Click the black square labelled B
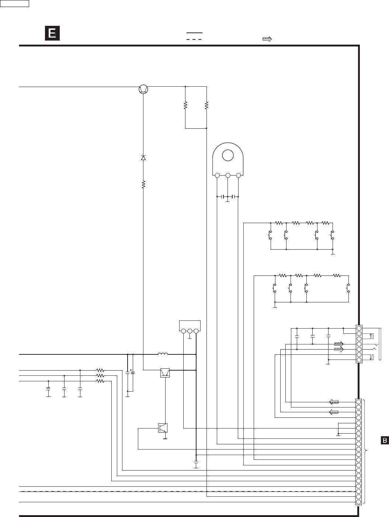384,440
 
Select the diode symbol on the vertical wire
143,158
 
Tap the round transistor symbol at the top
143,89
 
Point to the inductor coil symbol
163,354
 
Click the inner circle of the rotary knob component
228,155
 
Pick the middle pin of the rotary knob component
228,176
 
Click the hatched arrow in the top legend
267,39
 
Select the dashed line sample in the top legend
194,39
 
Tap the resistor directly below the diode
143,184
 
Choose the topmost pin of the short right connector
359,328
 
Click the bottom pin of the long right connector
359,502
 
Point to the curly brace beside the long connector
366,451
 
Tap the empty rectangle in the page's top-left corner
15,4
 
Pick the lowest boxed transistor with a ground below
163,428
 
